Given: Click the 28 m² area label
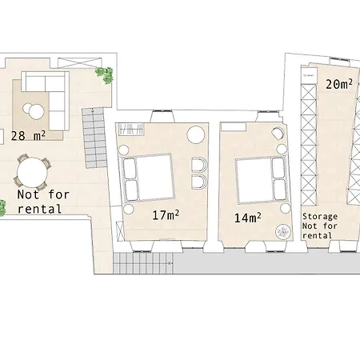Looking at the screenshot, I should coord(28,135).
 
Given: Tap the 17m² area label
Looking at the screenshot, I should coord(166,214).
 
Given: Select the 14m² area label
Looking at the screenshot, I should coord(249,218).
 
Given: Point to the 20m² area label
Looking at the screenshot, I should coord(340,83).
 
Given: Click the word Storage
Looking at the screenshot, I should coord(320,217).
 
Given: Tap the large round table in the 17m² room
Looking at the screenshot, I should coord(195,134).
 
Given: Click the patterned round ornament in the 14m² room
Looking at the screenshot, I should coord(283,233).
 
